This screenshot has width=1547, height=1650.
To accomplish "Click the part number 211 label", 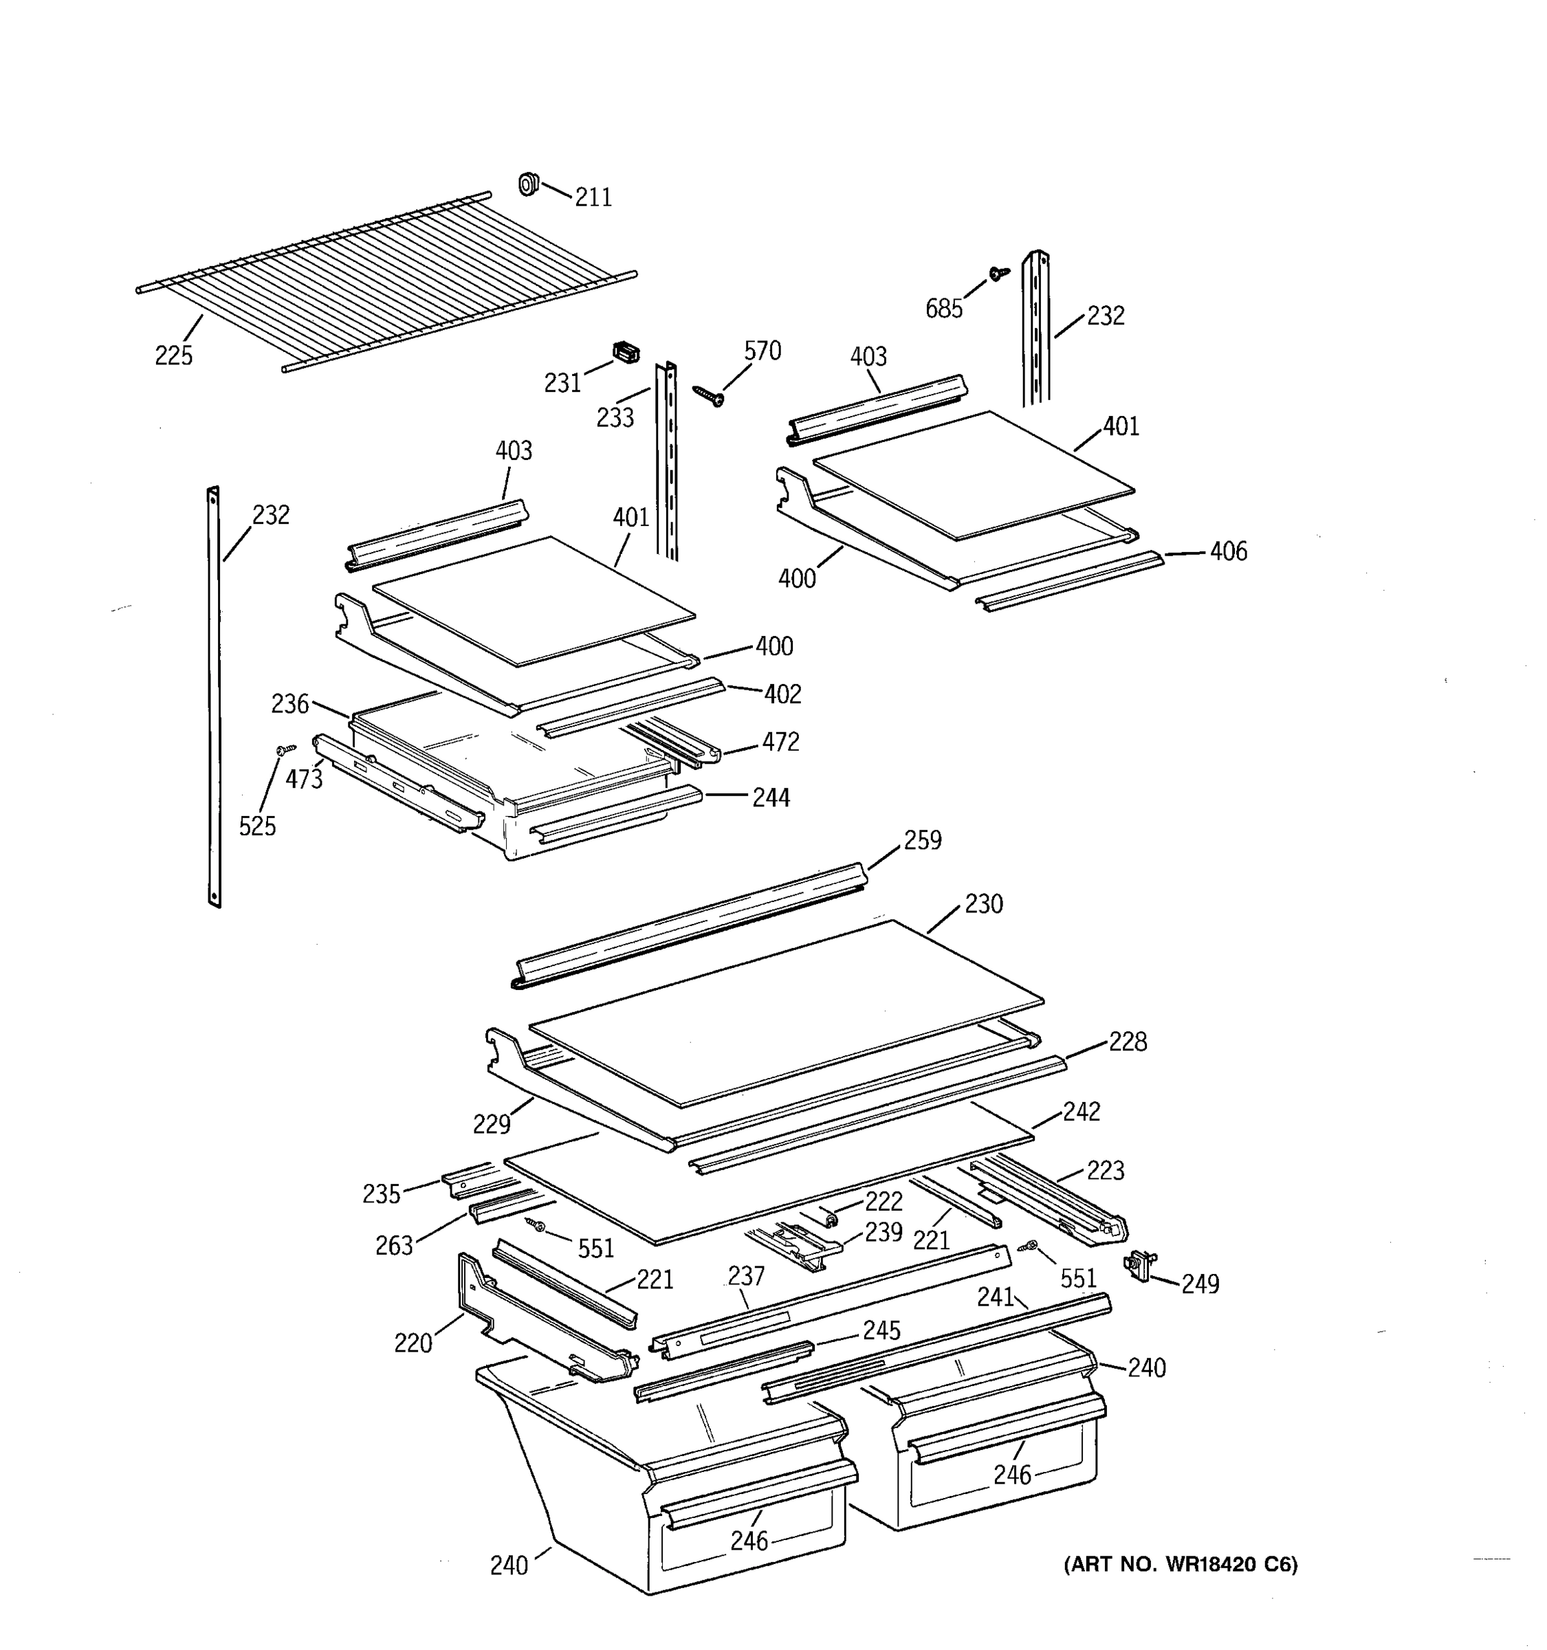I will (593, 197).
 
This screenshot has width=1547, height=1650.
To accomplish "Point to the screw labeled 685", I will (999, 272).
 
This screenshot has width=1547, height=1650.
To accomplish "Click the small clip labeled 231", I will (626, 353).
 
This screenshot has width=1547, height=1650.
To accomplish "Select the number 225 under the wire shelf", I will (173, 355).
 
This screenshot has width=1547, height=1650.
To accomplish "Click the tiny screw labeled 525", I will (285, 749).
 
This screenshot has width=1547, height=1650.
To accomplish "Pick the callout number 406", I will (1228, 551).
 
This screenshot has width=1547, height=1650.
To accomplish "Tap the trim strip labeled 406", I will (1069, 581).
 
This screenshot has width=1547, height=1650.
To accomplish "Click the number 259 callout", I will (923, 840).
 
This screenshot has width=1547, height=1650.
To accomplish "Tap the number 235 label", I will (381, 1194).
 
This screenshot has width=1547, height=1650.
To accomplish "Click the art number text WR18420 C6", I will (1180, 1565).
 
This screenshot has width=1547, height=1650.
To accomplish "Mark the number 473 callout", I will (304, 780).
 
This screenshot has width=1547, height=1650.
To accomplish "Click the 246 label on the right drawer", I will (1013, 1475).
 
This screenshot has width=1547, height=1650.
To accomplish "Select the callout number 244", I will (771, 797).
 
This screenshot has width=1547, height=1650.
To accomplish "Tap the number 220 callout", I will (413, 1343).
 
